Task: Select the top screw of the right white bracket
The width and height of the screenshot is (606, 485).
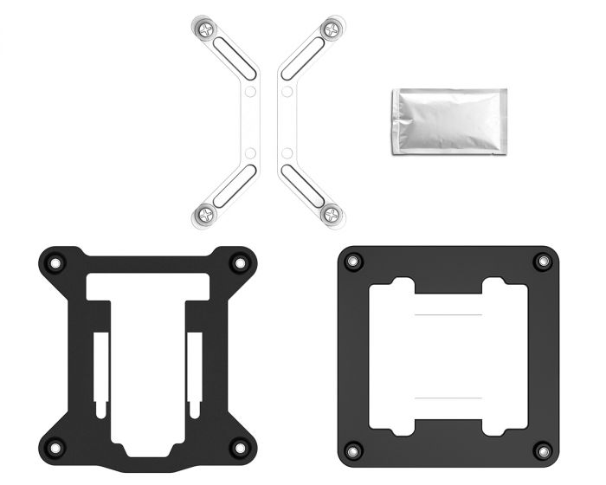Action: point(331,29)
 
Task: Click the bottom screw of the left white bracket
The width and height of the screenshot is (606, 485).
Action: point(206,213)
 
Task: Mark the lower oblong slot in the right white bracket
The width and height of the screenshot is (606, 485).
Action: point(305,185)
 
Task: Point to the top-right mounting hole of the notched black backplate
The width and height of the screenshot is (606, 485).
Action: point(237,262)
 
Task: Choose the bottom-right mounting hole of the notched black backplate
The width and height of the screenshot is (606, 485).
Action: point(237,447)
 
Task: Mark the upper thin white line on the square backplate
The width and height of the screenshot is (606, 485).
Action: point(448,314)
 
